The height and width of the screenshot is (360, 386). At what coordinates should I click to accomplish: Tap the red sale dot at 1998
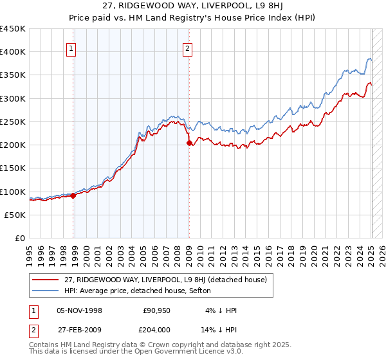pyautogui.click(x=73, y=196)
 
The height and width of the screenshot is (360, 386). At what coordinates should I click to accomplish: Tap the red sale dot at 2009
pyautogui.click(x=189, y=143)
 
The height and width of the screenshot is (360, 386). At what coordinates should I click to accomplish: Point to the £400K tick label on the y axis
pyautogui.click(x=13, y=52)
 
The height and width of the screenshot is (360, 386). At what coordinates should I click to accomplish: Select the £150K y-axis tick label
pyautogui.click(x=13, y=168)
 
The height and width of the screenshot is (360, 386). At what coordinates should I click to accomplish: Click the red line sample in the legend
pyautogui.click(x=46, y=280)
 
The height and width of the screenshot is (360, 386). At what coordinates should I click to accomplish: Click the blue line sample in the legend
pyautogui.click(x=46, y=291)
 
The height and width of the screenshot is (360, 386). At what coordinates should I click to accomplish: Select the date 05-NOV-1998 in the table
pyautogui.click(x=79, y=310)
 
